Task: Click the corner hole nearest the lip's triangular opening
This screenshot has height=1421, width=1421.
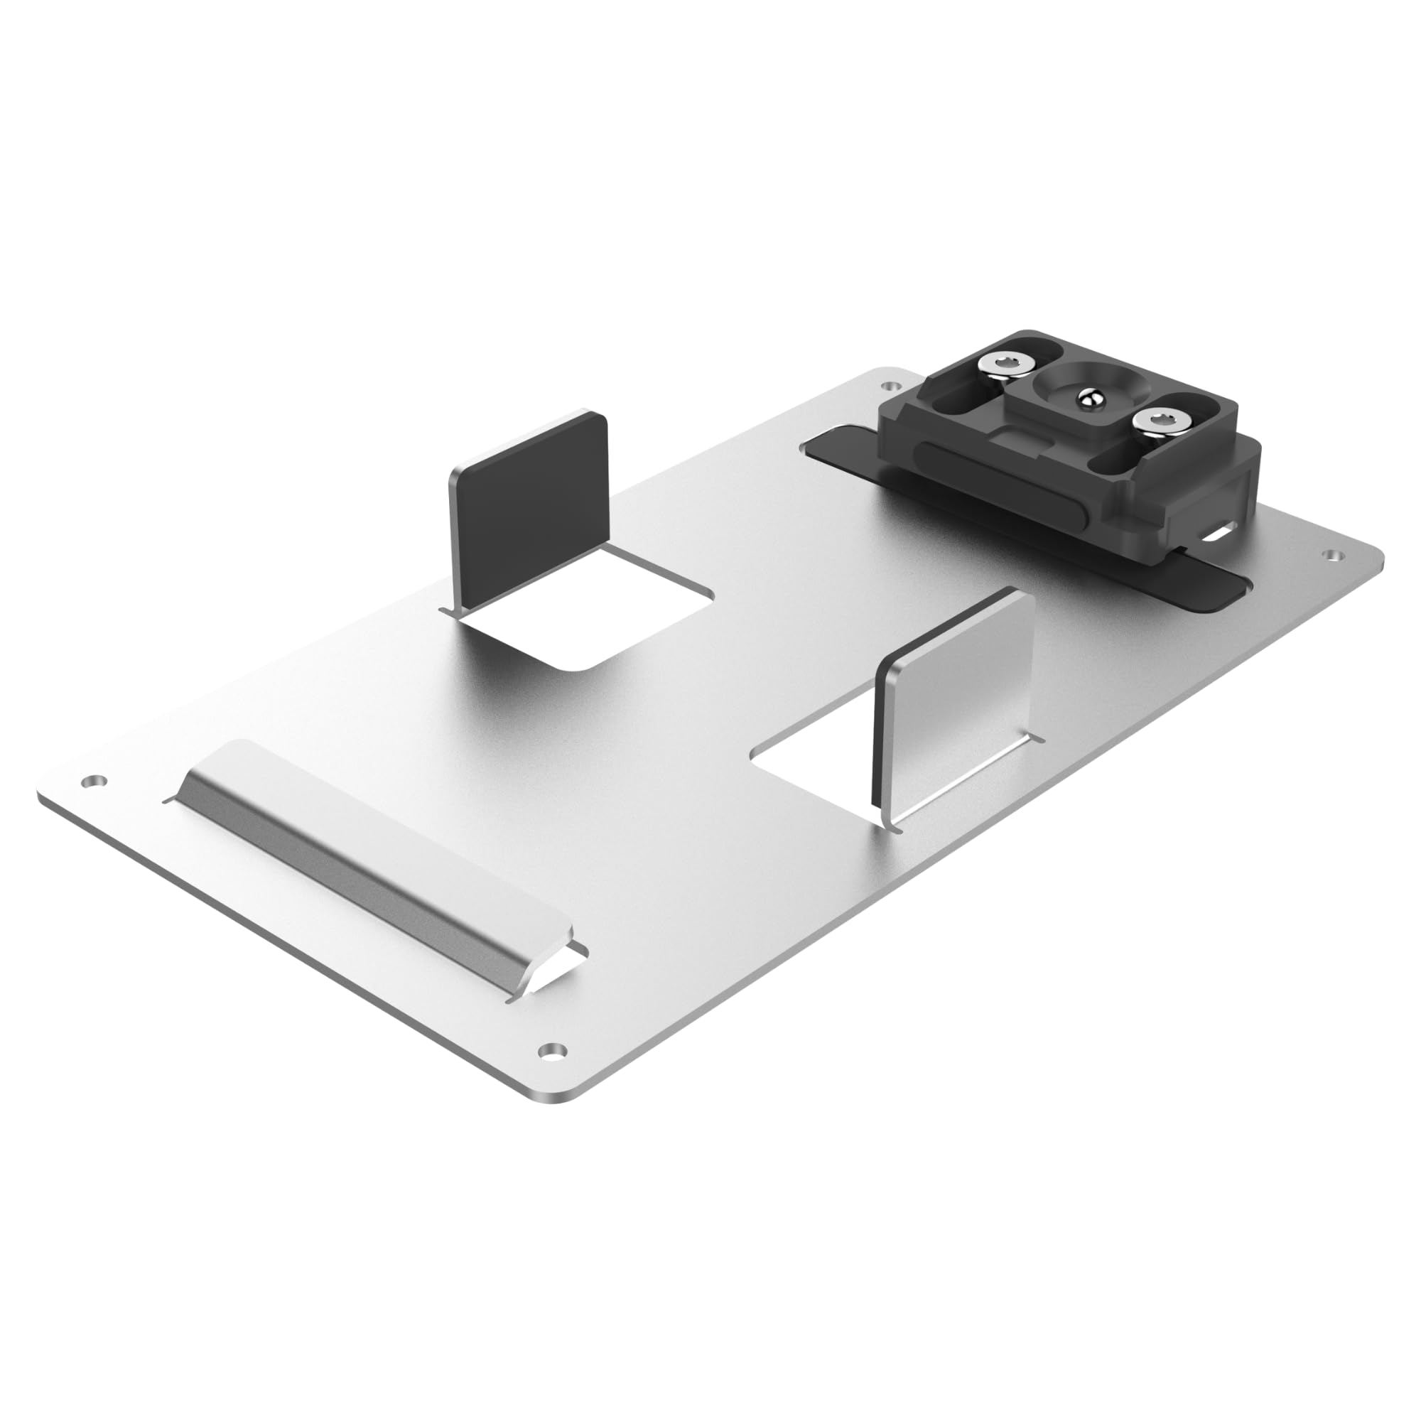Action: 551,1049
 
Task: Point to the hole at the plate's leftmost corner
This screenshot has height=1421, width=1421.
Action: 92,781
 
